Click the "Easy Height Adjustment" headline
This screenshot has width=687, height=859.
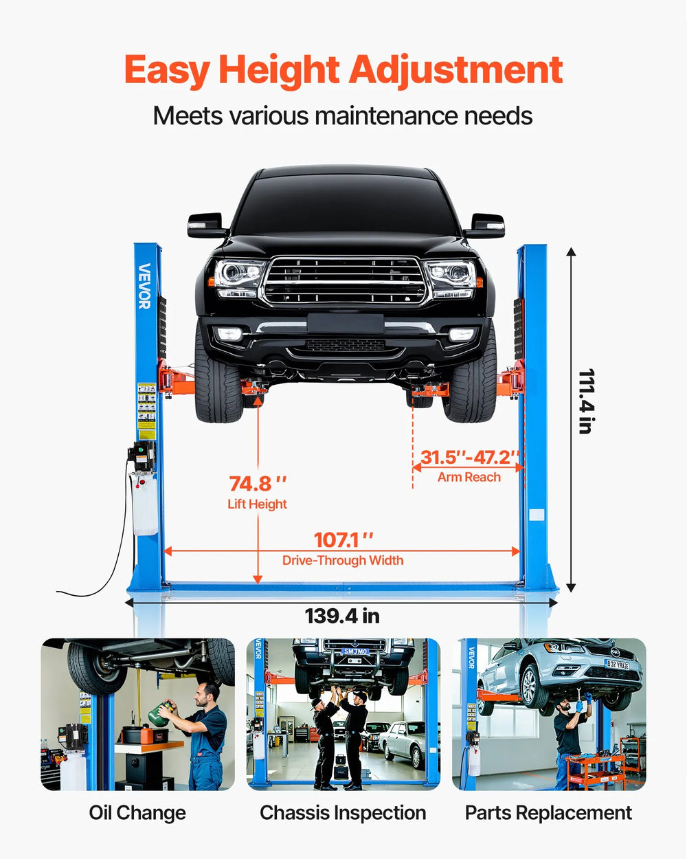coord(343,70)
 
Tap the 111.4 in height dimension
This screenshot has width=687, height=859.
coord(585,401)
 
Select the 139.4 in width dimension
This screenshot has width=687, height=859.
coord(342,616)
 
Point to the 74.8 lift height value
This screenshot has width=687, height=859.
coord(258,484)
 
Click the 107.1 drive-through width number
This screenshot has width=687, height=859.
coord(343,540)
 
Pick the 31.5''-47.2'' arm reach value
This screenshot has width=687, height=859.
coord(470,458)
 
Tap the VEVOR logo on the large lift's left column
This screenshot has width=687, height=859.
coord(144,286)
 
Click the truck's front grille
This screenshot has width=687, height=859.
coord(345,280)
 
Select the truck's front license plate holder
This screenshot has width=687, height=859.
coord(345,324)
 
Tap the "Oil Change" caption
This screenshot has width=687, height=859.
coord(137,813)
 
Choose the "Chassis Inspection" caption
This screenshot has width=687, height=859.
coord(343,813)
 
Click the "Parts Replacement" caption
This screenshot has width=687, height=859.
coord(548,813)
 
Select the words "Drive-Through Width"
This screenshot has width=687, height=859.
coord(343,561)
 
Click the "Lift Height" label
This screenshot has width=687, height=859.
coord(258,504)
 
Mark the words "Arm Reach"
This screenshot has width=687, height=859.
coord(469,477)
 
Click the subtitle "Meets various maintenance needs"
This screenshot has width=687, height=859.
coord(343,115)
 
